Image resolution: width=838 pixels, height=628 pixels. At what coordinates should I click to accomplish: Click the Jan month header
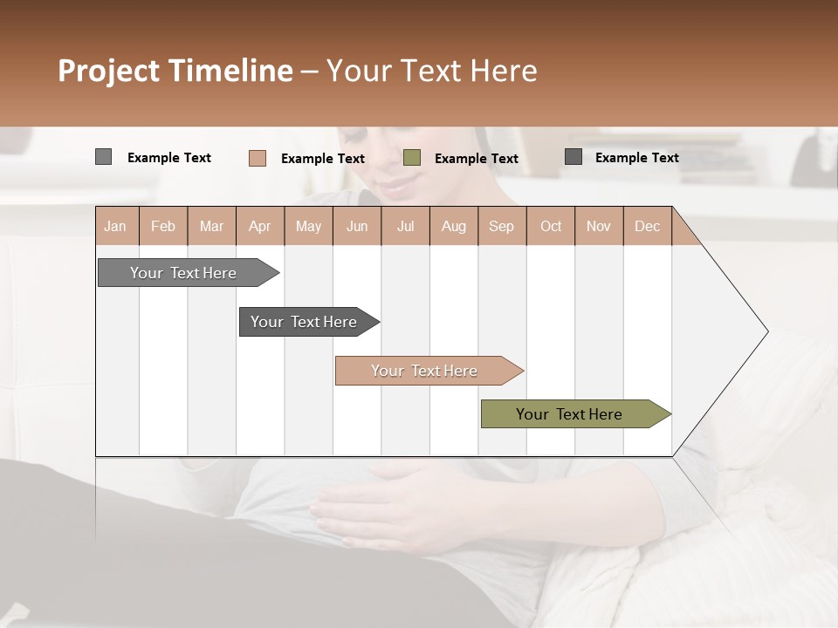[x=115, y=226]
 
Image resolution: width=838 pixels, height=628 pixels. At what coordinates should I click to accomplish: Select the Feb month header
[x=163, y=226]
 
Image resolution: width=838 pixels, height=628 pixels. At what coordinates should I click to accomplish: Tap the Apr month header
[x=259, y=226]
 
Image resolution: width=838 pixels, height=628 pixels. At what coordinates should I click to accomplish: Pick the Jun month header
[x=357, y=226]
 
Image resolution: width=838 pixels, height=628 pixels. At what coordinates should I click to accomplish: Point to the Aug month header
[x=453, y=226]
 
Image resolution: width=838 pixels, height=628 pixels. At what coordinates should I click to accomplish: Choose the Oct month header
[x=551, y=226]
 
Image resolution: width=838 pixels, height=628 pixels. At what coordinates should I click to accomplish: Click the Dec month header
[x=647, y=226]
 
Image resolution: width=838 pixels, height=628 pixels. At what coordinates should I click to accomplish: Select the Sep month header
[x=501, y=226]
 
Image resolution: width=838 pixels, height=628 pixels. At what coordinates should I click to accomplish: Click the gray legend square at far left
[x=103, y=157]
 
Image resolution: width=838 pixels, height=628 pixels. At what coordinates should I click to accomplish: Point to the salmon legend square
[x=257, y=158]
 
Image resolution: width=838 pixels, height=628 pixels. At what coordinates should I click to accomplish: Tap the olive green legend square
[x=412, y=158]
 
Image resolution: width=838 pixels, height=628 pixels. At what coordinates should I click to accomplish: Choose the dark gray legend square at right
[x=574, y=157]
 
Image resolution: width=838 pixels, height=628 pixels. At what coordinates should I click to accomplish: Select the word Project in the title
[x=108, y=71]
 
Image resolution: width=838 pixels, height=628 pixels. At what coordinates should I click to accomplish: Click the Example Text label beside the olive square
[x=476, y=159]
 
